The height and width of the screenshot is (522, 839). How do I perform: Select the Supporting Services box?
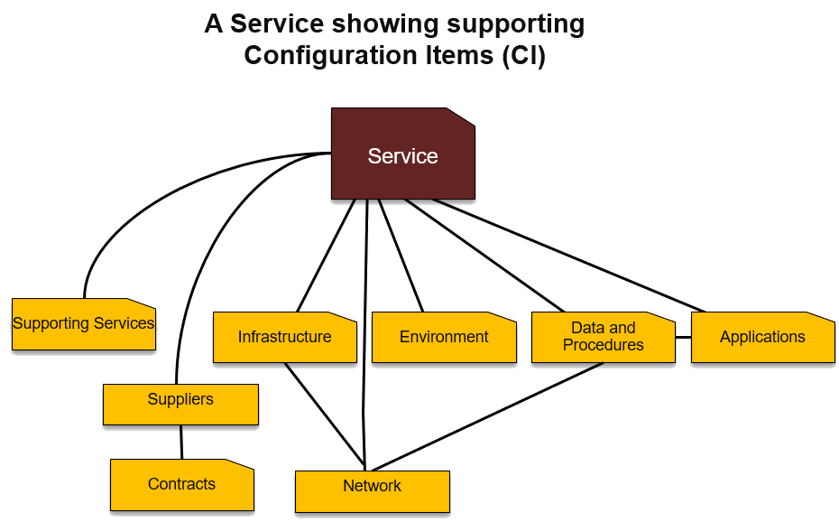pos(83,324)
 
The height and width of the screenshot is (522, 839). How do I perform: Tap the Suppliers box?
pos(180,404)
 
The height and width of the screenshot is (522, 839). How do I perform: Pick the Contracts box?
pos(181,485)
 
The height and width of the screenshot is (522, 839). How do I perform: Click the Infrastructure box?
pos(284,337)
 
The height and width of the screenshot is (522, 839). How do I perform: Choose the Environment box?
pos(443,337)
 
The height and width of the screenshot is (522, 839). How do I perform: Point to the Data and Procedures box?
pos(603,337)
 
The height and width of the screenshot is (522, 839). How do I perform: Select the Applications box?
pos(762,337)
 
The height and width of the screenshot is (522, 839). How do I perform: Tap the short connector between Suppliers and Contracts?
pos(181,442)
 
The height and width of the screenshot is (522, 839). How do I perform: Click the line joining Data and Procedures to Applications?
pos(683,337)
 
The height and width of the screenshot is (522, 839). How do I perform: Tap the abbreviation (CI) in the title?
pos(523,55)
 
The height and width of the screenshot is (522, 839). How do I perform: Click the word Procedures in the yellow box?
pos(603,345)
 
